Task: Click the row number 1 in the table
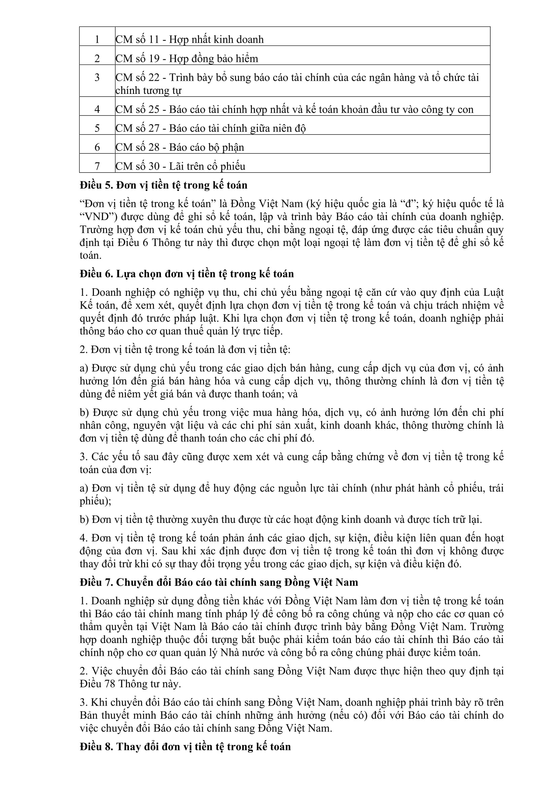[x=97, y=39]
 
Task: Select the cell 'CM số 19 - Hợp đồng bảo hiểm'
[x=187, y=59]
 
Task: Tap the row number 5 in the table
[x=97, y=128]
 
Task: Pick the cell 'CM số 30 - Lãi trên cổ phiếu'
[x=181, y=166]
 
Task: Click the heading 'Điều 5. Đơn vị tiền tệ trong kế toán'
[x=164, y=185]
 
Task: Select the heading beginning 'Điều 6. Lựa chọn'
[x=187, y=274]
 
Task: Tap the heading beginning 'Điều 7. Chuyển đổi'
[x=219, y=582]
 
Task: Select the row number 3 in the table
[x=97, y=77]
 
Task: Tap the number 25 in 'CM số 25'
[x=154, y=109]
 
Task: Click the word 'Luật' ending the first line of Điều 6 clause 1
[x=493, y=292]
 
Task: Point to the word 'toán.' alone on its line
[x=91, y=255]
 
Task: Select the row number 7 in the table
[x=97, y=166]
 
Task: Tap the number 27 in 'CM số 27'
[x=154, y=128]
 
